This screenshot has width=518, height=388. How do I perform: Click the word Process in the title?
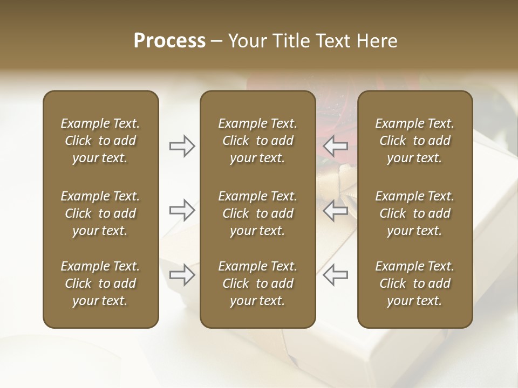(169, 41)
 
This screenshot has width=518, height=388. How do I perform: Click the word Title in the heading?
(291, 41)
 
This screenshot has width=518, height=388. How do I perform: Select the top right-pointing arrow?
(182, 146)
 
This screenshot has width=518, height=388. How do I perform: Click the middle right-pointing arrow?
(182, 210)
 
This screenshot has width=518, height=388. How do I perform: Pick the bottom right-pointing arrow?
(182, 274)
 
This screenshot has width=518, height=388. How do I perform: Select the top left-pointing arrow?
(336, 146)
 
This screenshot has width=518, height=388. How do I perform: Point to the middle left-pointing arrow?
(336, 210)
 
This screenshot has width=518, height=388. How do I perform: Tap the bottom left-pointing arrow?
(336, 274)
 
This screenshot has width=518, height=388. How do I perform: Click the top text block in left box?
(100, 141)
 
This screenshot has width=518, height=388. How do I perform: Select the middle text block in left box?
(100, 213)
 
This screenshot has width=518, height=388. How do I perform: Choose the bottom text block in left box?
(100, 283)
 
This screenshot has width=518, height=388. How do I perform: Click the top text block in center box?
(258, 141)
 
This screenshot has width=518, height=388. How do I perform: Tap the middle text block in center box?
(258, 213)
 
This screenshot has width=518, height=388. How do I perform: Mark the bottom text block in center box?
(258, 283)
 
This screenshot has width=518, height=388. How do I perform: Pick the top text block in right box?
(415, 141)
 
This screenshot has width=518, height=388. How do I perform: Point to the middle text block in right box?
(415, 213)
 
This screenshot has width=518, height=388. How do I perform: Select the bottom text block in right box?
(415, 283)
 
